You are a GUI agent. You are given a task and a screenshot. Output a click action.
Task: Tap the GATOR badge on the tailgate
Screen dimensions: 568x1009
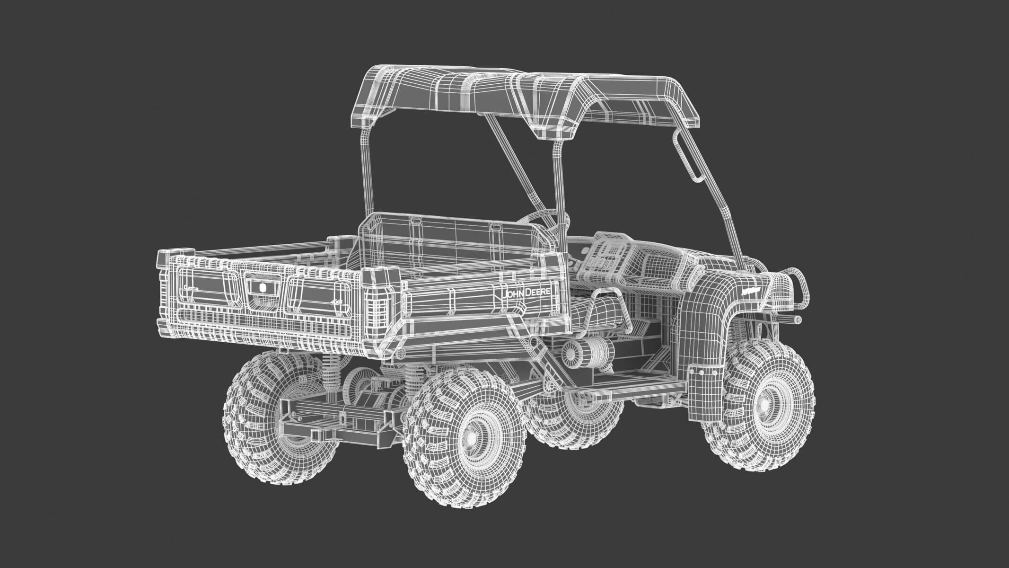click(191, 288)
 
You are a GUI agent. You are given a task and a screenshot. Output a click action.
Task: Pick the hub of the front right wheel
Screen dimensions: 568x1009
click(763, 406)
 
